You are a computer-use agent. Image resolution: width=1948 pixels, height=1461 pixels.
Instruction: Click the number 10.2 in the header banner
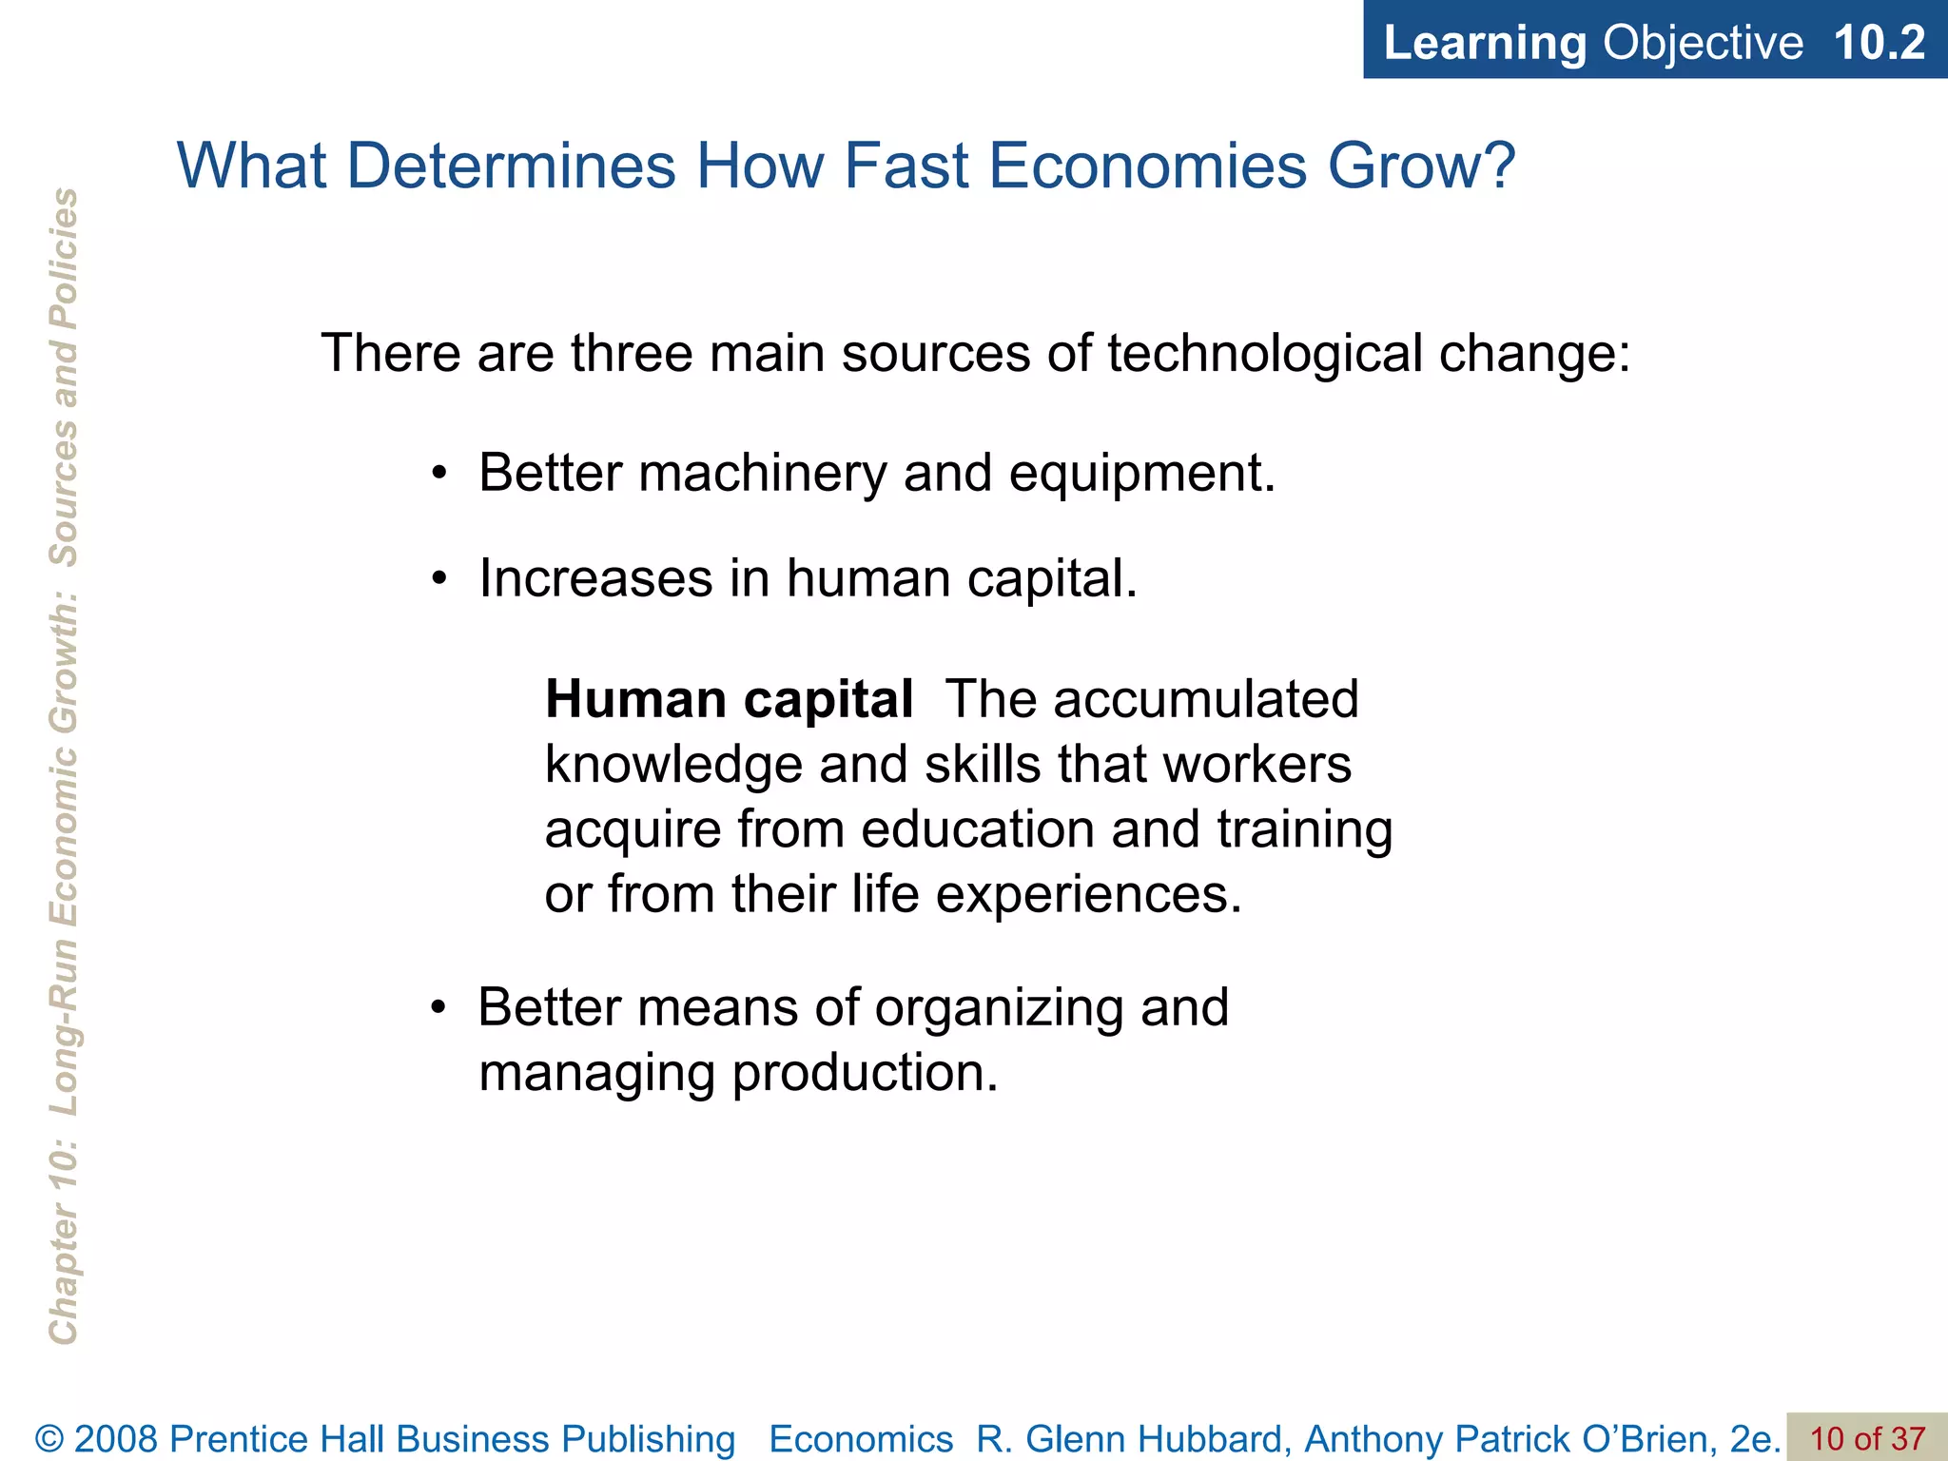[1879, 43]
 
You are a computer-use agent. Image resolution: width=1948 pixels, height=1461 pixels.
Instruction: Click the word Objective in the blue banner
[1703, 43]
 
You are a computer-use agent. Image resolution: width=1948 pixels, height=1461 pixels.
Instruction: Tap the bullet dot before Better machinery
[438, 475]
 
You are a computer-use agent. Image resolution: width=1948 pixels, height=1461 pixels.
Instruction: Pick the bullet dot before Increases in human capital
[438, 579]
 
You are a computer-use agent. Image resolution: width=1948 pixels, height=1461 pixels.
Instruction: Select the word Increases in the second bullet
[595, 579]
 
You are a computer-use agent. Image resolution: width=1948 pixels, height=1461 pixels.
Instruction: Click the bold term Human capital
[729, 700]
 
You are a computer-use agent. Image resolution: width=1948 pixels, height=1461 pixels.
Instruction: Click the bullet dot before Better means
[438, 1009]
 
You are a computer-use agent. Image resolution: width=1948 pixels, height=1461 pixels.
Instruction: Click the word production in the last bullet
[865, 1074]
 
